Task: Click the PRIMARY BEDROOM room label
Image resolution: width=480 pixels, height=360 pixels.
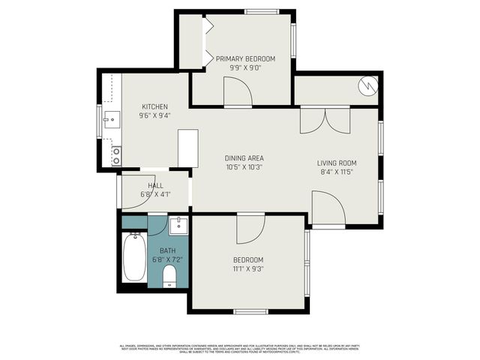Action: point(245,58)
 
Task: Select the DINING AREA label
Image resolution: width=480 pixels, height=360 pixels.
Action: point(244,158)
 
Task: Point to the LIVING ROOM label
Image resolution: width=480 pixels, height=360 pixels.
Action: point(336,163)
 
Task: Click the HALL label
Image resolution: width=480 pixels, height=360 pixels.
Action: point(155,186)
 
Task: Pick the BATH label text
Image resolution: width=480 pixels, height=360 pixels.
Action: point(167,250)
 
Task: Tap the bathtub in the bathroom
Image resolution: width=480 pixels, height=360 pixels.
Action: point(135,256)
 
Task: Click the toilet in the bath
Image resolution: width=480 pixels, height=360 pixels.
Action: point(169,279)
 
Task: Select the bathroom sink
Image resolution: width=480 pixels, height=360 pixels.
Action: point(178,224)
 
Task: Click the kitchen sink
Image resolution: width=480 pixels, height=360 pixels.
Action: point(111,118)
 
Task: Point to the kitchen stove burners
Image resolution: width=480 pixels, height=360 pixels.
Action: point(116,155)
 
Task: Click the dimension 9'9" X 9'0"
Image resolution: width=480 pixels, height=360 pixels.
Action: point(245,67)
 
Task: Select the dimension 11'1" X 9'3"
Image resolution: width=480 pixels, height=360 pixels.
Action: point(248,269)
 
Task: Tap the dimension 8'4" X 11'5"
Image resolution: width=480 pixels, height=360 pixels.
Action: point(336,172)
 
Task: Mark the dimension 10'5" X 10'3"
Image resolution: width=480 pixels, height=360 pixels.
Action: point(244,167)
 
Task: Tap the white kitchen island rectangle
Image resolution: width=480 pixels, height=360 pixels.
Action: point(187,148)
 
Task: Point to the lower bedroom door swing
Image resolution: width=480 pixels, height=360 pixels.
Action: point(251,229)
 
